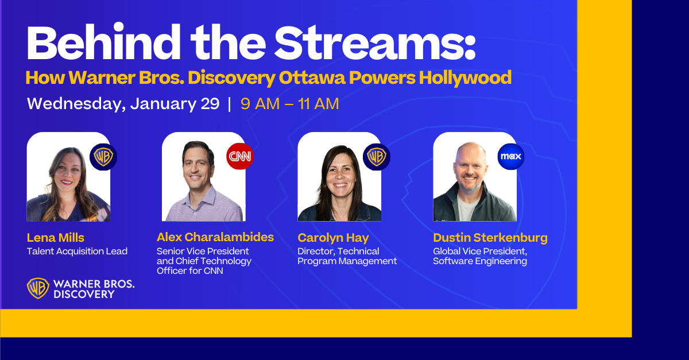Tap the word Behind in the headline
pyautogui.click(x=103, y=41)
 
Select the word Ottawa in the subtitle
pyautogui.click(x=312, y=78)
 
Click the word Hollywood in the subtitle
pyautogui.click(x=465, y=78)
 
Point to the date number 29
pyautogui.click(x=210, y=103)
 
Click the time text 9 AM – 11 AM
pyautogui.click(x=290, y=104)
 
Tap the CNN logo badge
pyautogui.click(x=240, y=156)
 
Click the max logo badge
pyautogui.click(x=511, y=156)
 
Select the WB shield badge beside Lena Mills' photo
pyautogui.click(x=103, y=157)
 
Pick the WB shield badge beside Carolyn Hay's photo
pyautogui.click(x=377, y=157)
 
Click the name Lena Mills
pyautogui.click(x=55, y=238)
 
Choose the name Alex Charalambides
pyautogui.click(x=215, y=237)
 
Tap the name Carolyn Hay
pyautogui.click(x=333, y=238)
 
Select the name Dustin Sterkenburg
pyautogui.click(x=490, y=238)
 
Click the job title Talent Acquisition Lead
pyautogui.click(x=77, y=251)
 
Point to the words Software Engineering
pyautogui.click(x=480, y=261)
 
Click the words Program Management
pyautogui.click(x=347, y=261)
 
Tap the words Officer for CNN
pyautogui.click(x=190, y=271)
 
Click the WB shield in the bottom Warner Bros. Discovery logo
pyautogui.click(x=38, y=288)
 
